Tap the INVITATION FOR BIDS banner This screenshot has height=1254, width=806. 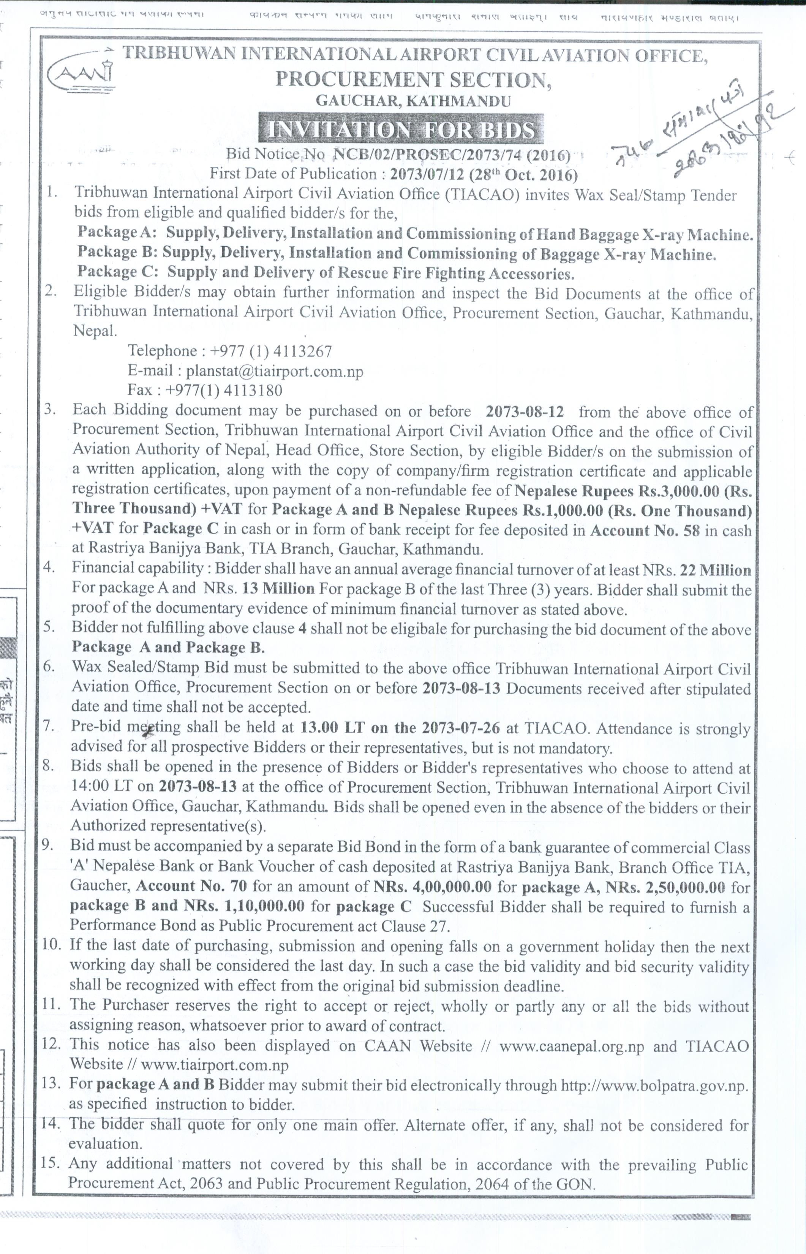click(400, 129)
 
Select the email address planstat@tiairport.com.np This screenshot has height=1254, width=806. click(274, 371)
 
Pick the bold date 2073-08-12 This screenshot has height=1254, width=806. click(525, 412)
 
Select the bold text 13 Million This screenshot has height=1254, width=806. click(278, 589)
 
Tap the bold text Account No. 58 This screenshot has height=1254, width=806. click(645, 530)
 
